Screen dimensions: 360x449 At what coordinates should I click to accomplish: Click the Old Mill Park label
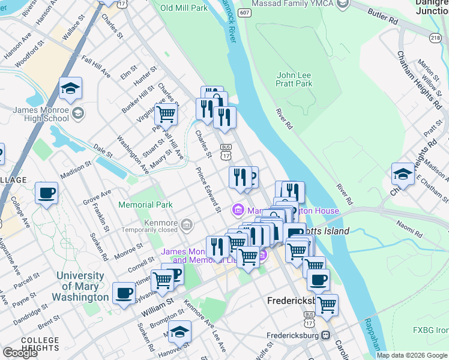[x=184, y=8]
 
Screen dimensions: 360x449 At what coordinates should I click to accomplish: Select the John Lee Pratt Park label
[x=294, y=79]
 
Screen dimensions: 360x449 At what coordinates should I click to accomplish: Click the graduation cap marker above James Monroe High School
[x=70, y=89]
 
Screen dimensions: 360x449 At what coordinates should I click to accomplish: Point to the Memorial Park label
[x=145, y=205]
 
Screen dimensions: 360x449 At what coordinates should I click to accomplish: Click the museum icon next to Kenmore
[x=187, y=225]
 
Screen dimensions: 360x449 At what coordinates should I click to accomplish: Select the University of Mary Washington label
[x=80, y=286]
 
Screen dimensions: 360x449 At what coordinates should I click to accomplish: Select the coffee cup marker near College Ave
[x=46, y=193]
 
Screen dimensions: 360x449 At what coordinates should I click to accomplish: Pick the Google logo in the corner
[x=20, y=353]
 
